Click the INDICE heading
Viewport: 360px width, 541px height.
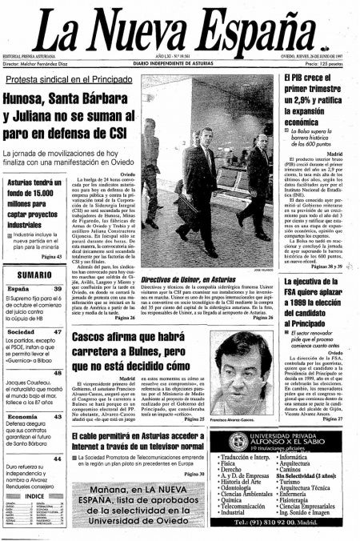[x=34, y=496]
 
